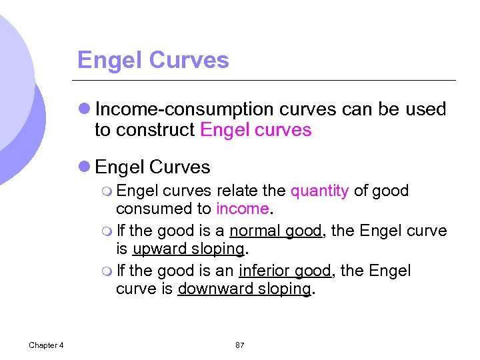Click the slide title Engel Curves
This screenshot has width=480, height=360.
click(153, 61)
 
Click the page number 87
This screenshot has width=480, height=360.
click(240, 345)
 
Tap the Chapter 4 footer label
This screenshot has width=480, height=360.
click(46, 345)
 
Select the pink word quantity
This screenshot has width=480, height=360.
click(319, 191)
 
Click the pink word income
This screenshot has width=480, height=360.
click(242, 209)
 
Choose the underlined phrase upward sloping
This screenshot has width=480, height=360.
click(189, 249)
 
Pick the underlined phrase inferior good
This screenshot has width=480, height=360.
click(285, 271)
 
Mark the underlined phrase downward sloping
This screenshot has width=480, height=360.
click(245, 289)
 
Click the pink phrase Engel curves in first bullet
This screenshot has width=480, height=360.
click(256, 130)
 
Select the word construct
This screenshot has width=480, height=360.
click(157, 130)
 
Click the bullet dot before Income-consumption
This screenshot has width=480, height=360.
click(85, 109)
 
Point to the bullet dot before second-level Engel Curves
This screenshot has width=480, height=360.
click(85, 167)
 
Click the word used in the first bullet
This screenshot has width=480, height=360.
click(428, 109)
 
